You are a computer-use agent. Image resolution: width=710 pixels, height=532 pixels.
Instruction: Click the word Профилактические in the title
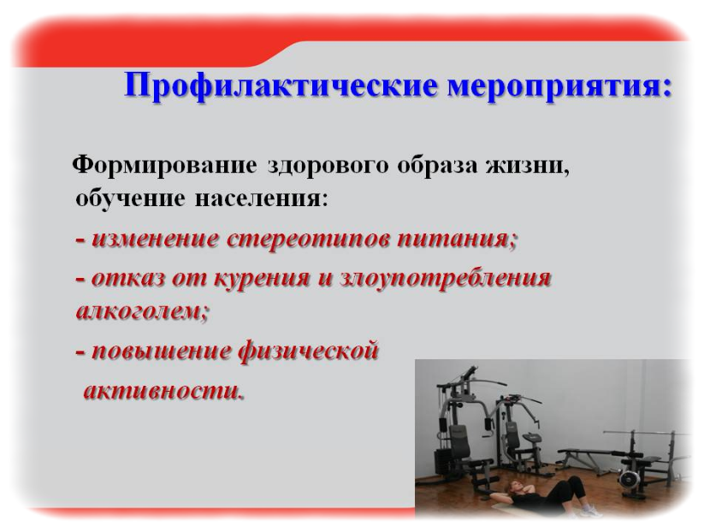coord(281,86)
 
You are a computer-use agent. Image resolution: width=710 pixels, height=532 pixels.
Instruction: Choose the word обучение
coord(130,198)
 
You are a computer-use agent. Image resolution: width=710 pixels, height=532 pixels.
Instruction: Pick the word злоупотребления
coord(445,279)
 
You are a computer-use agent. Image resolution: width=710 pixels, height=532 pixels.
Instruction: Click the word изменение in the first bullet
coord(156,239)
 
